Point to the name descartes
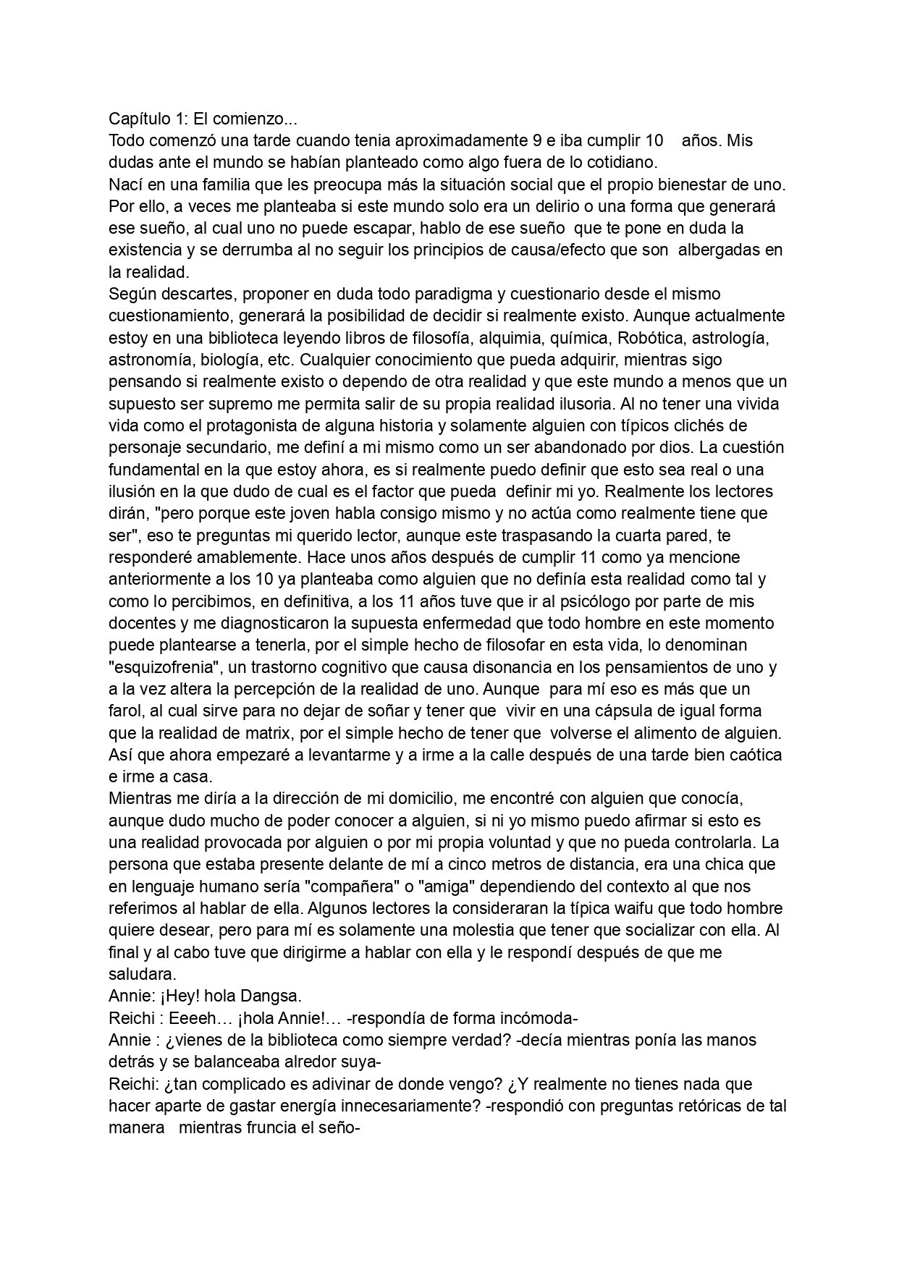pos(200,295)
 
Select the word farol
pos(124,711)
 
